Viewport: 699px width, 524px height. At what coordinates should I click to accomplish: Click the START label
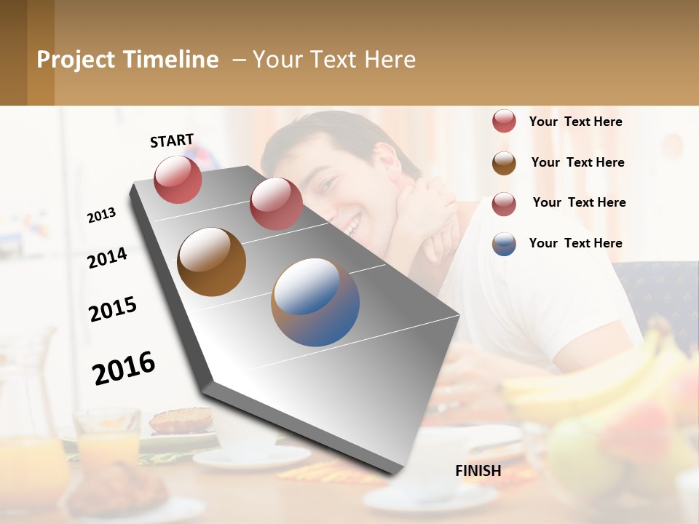click(172, 140)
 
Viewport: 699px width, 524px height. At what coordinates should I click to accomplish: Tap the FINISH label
click(478, 471)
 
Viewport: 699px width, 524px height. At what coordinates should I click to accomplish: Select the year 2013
click(102, 215)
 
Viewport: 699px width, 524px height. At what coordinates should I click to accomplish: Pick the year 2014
click(108, 258)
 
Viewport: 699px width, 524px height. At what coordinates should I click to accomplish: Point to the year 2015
click(113, 310)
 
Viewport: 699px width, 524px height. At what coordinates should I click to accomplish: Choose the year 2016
click(124, 368)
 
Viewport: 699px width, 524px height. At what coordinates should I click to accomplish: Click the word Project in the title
click(76, 60)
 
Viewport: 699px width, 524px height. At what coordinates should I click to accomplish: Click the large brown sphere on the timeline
click(211, 262)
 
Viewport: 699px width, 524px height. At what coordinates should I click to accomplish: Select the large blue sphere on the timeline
click(315, 302)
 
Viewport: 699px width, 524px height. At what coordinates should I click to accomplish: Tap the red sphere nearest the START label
click(178, 179)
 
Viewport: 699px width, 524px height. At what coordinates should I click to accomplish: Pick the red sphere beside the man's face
click(276, 204)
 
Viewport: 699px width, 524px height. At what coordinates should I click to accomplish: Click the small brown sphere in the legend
click(504, 163)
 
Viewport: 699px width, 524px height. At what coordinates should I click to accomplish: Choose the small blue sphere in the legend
click(504, 244)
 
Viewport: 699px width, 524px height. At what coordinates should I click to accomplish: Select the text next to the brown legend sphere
click(578, 162)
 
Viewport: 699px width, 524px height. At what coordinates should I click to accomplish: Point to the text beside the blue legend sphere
click(576, 243)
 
